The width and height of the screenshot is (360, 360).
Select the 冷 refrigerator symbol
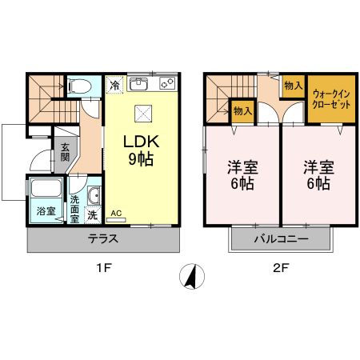coord(114,84)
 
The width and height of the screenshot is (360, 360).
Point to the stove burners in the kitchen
coord(168,82)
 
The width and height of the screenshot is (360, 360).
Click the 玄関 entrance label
coord(64,150)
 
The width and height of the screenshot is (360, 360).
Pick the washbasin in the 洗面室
coord(94,195)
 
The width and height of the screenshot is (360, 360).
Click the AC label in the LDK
coord(115,213)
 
